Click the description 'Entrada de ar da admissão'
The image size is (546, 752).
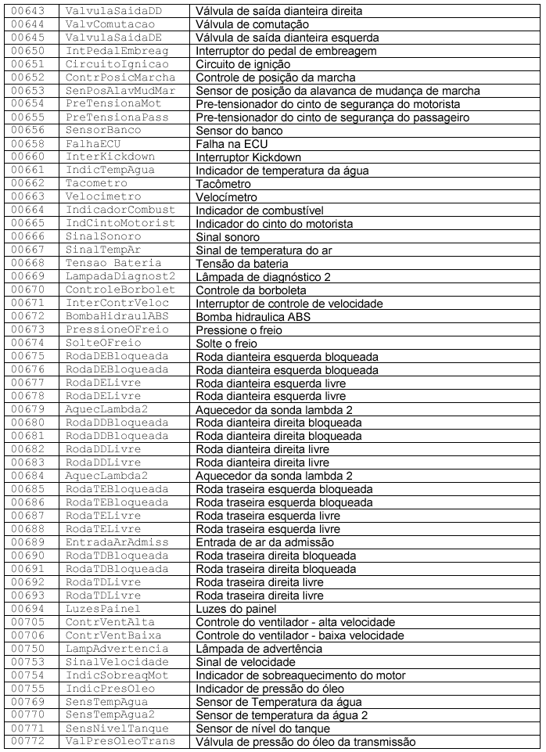click(264, 542)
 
